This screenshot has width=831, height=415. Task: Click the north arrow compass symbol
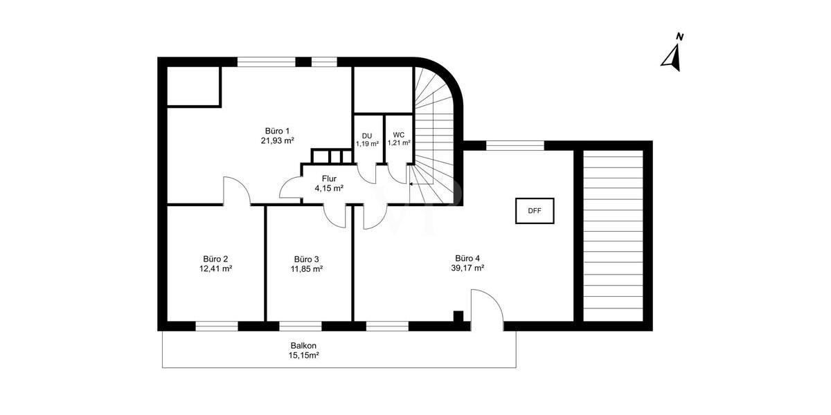tap(672, 55)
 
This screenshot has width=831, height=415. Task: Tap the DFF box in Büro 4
tap(535, 211)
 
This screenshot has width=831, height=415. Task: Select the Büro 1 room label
tap(277, 131)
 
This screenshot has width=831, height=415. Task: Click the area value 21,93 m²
tap(277, 141)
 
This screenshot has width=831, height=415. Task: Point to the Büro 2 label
tap(215, 259)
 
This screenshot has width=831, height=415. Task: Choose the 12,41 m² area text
tap(215, 269)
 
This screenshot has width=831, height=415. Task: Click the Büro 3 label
tap(306, 259)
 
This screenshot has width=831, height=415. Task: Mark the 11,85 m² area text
tap(306, 269)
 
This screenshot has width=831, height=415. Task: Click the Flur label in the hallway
tap(329, 178)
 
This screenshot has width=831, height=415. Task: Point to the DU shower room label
tap(367, 136)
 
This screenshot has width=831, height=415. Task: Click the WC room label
tap(399, 135)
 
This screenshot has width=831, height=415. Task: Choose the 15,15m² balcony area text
tap(303, 356)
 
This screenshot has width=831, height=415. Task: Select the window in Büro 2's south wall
tap(216, 326)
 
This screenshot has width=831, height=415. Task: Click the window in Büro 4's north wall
tap(515, 145)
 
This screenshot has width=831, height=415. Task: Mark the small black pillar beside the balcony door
tap(458, 317)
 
